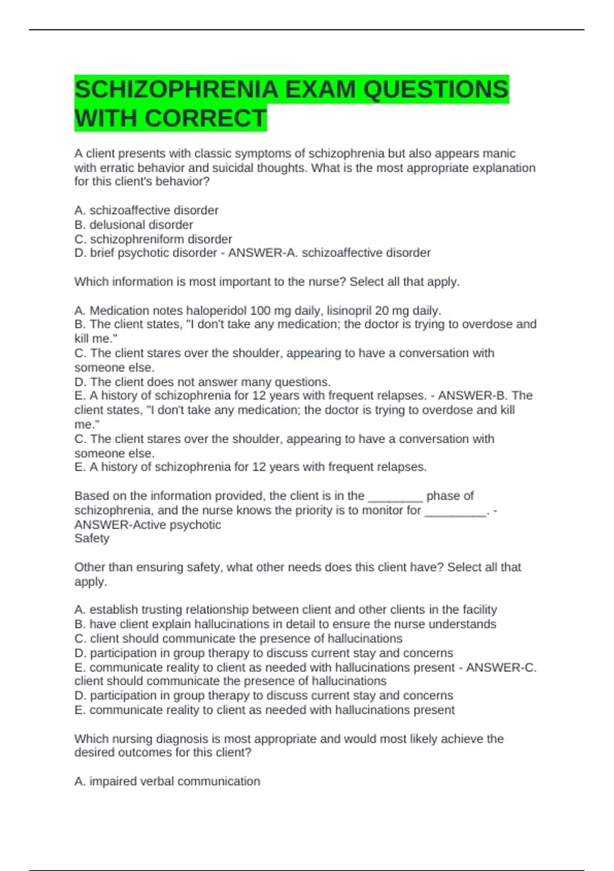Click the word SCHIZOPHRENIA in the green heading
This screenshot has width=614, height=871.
pyautogui.click(x=177, y=90)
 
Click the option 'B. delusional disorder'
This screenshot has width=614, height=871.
pyautogui.click(x=134, y=224)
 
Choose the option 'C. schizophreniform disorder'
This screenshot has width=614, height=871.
pyautogui.click(x=153, y=239)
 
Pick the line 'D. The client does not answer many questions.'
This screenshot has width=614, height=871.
pyautogui.click(x=203, y=382)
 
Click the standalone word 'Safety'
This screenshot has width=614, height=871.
pyautogui.click(x=92, y=538)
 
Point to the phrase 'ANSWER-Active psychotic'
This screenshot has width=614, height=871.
pyautogui.click(x=147, y=525)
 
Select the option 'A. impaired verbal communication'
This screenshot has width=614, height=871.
pyautogui.click(x=167, y=781)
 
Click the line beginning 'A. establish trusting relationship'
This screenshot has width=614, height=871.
pyautogui.click(x=286, y=609)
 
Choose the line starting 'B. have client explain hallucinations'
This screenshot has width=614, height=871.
pyautogui.click(x=285, y=624)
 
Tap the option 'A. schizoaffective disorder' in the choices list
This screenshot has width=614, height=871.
pyautogui.click(x=146, y=210)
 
